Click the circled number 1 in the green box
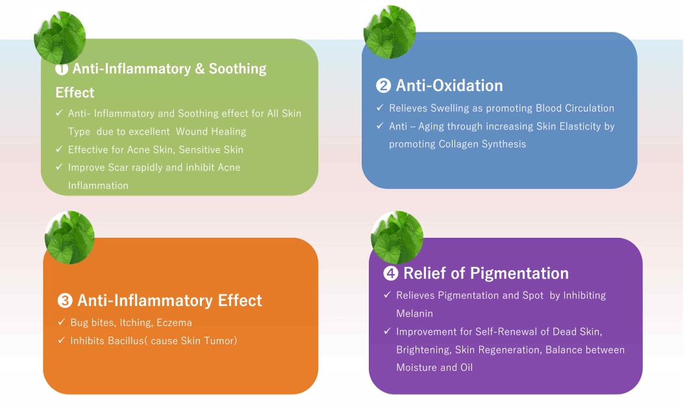point(62,69)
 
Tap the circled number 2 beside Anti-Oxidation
point(383,86)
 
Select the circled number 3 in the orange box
point(65,301)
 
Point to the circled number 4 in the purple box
point(390,274)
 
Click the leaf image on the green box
point(60,38)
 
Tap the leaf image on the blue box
point(390,32)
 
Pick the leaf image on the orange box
point(69,238)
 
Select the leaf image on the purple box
point(397,238)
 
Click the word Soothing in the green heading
point(238,69)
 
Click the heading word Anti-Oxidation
point(449,86)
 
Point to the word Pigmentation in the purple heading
point(519,274)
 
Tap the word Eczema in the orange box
point(175,323)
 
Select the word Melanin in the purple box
point(414,314)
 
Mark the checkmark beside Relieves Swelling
point(380,107)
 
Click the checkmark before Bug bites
point(61,322)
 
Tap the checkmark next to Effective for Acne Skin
point(59,149)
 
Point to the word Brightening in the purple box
point(423,350)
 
